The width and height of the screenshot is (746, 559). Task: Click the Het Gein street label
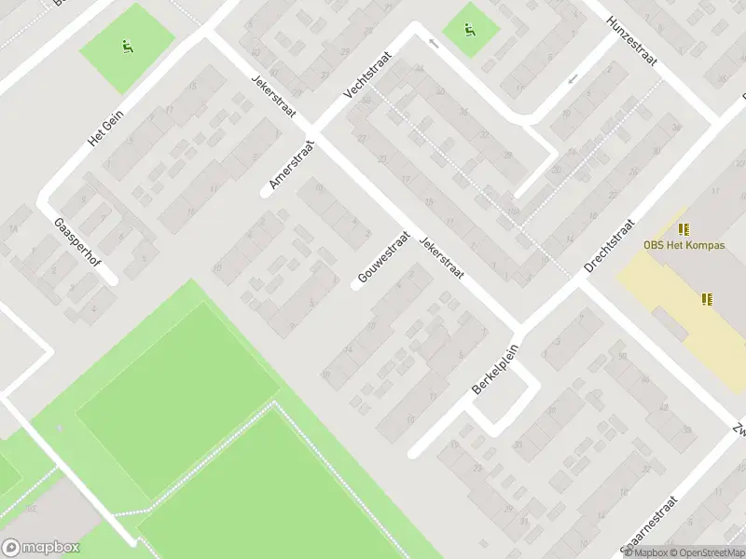(x=105, y=127)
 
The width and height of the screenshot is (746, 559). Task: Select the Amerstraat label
(x=292, y=166)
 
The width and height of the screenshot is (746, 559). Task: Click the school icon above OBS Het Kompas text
(x=685, y=228)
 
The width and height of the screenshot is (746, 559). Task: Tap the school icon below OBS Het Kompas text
(x=707, y=299)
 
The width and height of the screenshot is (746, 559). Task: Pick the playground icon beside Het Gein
(x=127, y=47)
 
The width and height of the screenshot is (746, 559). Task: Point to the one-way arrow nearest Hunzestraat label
(x=573, y=77)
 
